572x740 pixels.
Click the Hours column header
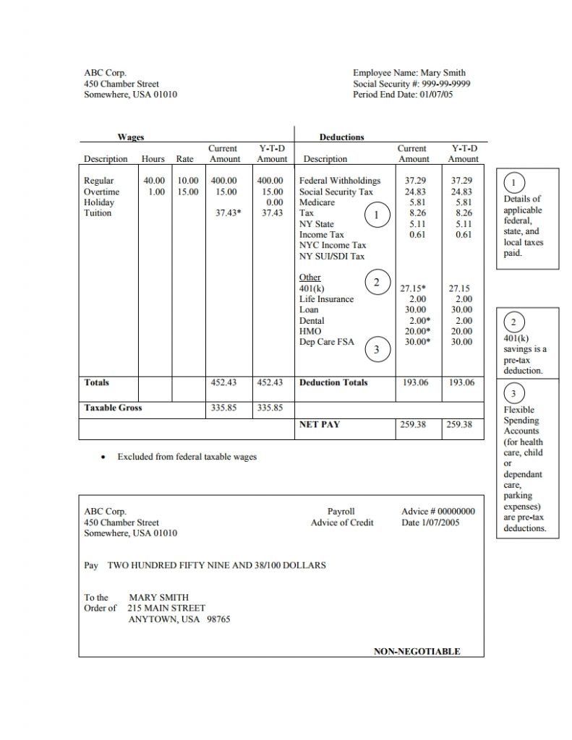pyautogui.click(x=153, y=159)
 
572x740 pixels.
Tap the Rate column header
pyautogui.click(x=184, y=159)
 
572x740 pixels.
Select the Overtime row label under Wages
pyautogui.click(x=101, y=192)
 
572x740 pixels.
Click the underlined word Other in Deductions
pyautogui.click(x=310, y=277)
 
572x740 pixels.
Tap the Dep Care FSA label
pyautogui.click(x=327, y=342)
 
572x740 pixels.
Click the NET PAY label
pyautogui.click(x=319, y=425)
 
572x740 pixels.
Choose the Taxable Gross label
pyautogui.click(x=113, y=408)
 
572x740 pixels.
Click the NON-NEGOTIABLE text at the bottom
pyautogui.click(x=417, y=651)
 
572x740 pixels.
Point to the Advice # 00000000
pyautogui.click(x=438, y=512)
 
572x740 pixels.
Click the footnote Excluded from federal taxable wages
pyautogui.click(x=187, y=457)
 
